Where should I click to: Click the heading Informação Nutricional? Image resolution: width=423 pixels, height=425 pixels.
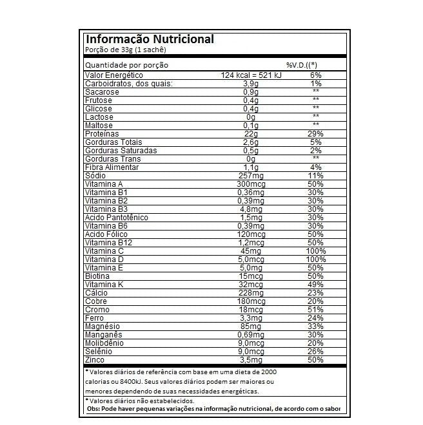coord(150,39)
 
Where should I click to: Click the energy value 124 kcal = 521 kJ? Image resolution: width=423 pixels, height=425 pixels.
coord(251,75)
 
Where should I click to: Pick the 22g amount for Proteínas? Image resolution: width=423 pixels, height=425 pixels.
coord(251,134)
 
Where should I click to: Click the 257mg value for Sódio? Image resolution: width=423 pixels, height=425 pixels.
coord(251,176)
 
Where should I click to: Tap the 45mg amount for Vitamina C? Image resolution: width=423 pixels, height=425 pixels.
coord(251,251)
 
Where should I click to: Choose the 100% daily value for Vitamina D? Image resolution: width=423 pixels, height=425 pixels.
coord(315,260)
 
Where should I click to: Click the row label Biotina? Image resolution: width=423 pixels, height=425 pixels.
coord(97,276)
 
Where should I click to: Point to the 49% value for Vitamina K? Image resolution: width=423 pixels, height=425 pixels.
coord(315,285)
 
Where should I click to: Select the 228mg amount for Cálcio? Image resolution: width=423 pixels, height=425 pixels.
coord(251,293)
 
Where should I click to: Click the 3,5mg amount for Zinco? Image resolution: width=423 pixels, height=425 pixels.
coord(251,360)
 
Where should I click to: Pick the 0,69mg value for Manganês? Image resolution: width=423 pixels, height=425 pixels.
coord(251,335)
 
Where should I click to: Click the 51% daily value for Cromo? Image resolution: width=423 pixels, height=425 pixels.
coord(315,310)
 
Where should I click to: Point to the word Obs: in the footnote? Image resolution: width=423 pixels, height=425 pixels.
coord(93,409)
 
